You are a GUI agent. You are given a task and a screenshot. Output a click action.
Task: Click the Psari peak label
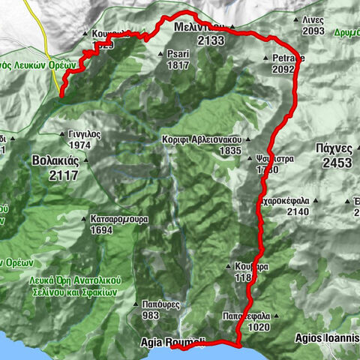tap(178, 54)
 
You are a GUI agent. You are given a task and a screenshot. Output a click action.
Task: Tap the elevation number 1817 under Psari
tap(178, 64)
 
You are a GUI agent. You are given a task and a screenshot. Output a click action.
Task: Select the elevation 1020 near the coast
tap(258, 327)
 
